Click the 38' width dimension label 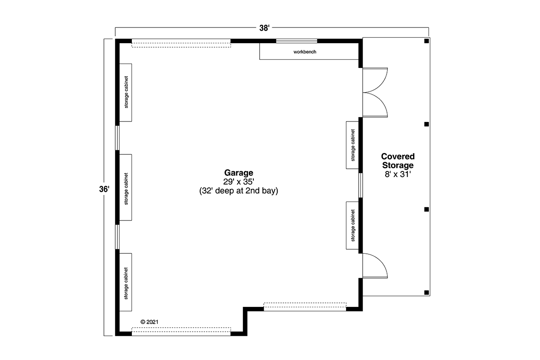tap(264, 28)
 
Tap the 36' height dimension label tap(104, 189)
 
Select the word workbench tap(305, 52)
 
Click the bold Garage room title tap(238, 173)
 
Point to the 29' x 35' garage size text tap(238, 181)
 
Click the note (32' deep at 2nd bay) tap(238, 191)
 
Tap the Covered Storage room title tap(398, 161)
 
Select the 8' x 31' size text tap(398, 174)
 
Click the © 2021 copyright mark tap(149, 322)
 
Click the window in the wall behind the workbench tap(297, 41)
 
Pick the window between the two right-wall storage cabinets tap(360, 185)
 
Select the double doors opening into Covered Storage tap(375, 93)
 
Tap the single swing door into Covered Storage tap(375, 265)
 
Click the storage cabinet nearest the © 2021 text tap(126, 282)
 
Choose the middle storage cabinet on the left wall tap(126, 187)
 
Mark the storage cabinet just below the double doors tap(352, 145)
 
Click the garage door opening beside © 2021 tap(181, 332)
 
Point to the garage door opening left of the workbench tap(181, 43)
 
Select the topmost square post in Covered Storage tap(427, 41)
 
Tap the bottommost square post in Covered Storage tap(427, 292)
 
